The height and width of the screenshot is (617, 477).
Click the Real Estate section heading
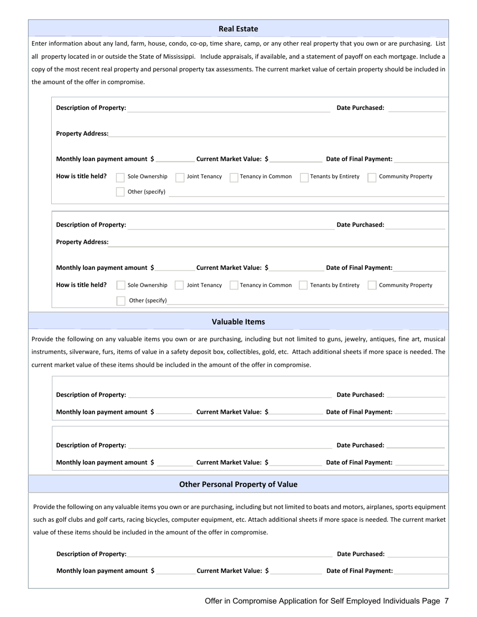pos(238,29)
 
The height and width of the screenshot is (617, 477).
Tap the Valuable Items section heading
pos(238,322)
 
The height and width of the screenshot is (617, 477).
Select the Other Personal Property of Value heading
pos(238,484)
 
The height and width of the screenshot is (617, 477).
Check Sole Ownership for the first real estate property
pos(121,177)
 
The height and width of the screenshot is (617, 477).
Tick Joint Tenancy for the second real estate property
pos(179,285)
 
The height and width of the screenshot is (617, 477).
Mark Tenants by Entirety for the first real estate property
pos(304,177)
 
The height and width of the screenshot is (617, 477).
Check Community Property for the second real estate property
pos(372,285)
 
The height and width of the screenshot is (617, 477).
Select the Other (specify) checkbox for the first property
pos(121,192)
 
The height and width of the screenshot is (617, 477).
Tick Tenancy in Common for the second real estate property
pos(233,285)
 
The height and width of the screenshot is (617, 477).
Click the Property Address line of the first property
pos(276,133)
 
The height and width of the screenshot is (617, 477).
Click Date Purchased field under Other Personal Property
pos(417,554)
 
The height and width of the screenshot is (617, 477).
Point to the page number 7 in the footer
pos(446,601)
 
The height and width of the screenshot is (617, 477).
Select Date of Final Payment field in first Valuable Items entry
pos(420,412)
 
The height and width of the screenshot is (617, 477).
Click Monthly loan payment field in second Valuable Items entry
pos(174,462)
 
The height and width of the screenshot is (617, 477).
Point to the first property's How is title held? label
pos(81,176)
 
